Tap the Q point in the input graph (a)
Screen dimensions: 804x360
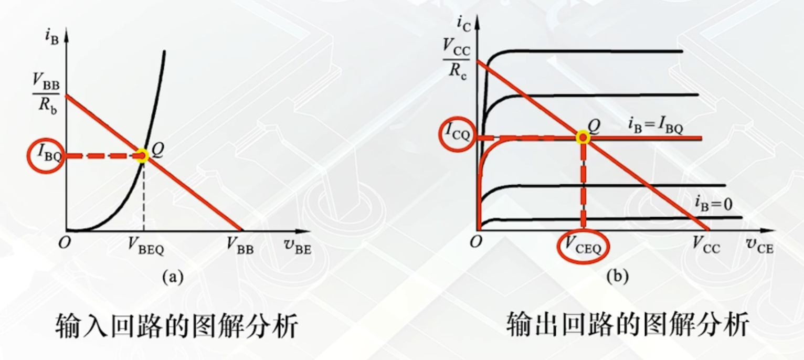click(x=141, y=156)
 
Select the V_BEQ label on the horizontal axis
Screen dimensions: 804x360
click(x=145, y=246)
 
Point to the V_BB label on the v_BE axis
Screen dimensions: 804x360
click(x=241, y=246)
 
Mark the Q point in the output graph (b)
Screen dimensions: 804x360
click(x=582, y=138)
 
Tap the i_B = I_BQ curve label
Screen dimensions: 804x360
click(x=655, y=126)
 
